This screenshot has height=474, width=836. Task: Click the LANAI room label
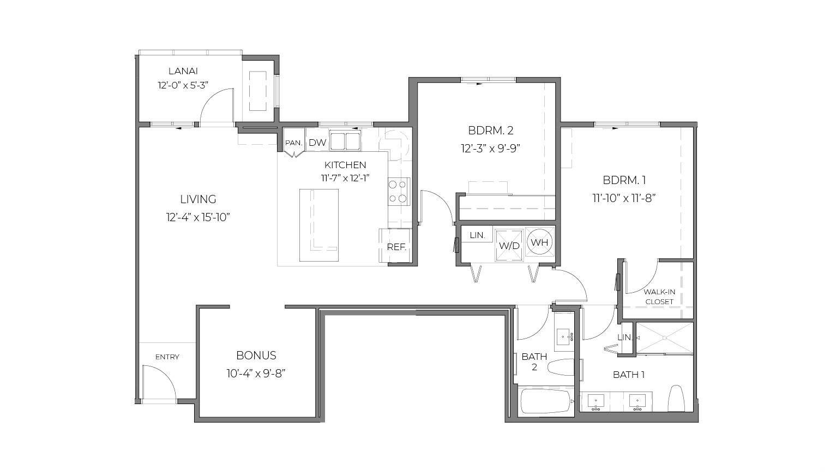183,70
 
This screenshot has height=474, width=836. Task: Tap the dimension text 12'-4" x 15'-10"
198,217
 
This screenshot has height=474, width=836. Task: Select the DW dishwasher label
317,143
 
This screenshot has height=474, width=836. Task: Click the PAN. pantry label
293,143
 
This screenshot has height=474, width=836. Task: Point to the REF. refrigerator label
396,247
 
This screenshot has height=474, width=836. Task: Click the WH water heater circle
540,242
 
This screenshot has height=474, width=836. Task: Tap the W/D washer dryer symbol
509,245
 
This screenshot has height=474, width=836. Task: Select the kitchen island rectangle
318,225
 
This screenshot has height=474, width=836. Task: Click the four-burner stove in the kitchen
399,191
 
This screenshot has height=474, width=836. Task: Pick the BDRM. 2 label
490,131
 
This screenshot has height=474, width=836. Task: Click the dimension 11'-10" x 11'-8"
624,198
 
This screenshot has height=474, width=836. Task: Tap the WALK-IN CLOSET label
659,297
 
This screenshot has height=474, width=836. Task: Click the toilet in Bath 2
561,367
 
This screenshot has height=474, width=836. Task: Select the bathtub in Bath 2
546,401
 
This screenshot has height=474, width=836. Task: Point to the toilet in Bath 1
676,399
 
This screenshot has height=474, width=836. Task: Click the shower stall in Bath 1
664,338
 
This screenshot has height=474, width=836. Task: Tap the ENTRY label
167,357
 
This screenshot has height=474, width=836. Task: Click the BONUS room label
256,355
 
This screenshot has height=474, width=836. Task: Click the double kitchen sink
345,141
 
